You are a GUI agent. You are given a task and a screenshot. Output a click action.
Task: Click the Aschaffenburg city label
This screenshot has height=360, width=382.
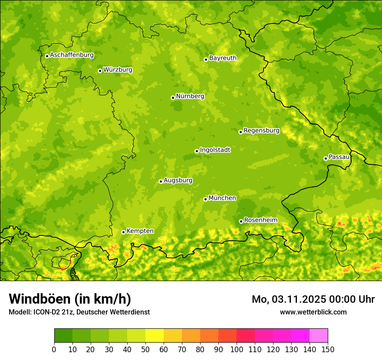pos(72,55)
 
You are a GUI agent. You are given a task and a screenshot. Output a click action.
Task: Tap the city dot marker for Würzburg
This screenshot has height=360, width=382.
pos(100,71)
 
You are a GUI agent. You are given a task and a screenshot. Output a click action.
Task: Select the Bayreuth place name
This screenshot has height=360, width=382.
pos(223,58)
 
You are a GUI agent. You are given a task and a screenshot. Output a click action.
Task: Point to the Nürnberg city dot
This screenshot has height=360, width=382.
pos(173,98)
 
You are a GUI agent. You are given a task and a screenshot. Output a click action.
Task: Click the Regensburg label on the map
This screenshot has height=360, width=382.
pos(261,131)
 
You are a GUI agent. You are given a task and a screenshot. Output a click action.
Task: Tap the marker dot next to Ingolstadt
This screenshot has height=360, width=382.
pos(197,151)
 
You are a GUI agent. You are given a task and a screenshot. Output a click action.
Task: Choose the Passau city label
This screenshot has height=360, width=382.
pos(339,157)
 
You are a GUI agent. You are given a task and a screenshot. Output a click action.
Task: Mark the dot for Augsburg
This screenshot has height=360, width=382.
pos(161,181)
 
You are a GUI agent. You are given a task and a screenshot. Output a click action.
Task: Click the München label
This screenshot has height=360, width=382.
pos(222,198)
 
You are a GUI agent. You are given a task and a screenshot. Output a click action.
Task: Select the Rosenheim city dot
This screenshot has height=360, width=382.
pos(241,221)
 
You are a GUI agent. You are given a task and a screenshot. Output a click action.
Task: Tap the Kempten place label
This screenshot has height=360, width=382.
pos(140,231)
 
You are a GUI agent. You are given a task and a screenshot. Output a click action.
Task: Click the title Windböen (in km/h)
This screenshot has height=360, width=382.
pos(70,299)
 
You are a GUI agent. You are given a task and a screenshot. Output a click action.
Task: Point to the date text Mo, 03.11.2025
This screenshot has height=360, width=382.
pos(289,299)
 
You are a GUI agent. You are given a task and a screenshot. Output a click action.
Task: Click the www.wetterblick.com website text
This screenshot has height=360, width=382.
pos(313,312)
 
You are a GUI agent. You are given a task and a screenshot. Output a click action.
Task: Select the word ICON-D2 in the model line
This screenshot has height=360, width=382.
pos(45,312)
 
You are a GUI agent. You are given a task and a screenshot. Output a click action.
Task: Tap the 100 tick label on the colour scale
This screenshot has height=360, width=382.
pos(237,350)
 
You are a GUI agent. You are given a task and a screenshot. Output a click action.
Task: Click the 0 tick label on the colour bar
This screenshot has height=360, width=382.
pos(54,350)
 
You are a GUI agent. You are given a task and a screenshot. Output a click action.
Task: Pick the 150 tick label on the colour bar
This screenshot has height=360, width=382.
pos(328,350)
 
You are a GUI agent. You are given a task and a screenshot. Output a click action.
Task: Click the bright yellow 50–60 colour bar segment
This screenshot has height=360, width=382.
pos(155,336)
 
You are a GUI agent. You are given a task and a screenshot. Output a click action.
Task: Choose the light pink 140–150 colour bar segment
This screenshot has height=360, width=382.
pos(319,336)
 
